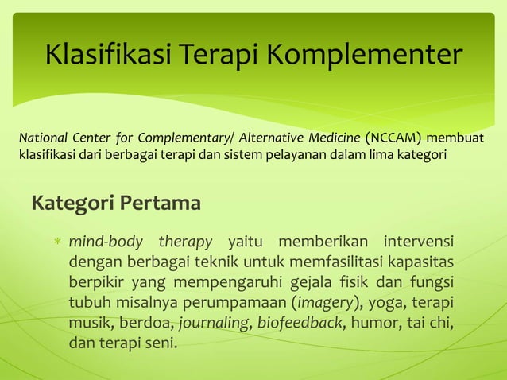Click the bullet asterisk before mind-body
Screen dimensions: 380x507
56,242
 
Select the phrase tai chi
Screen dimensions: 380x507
431,324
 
